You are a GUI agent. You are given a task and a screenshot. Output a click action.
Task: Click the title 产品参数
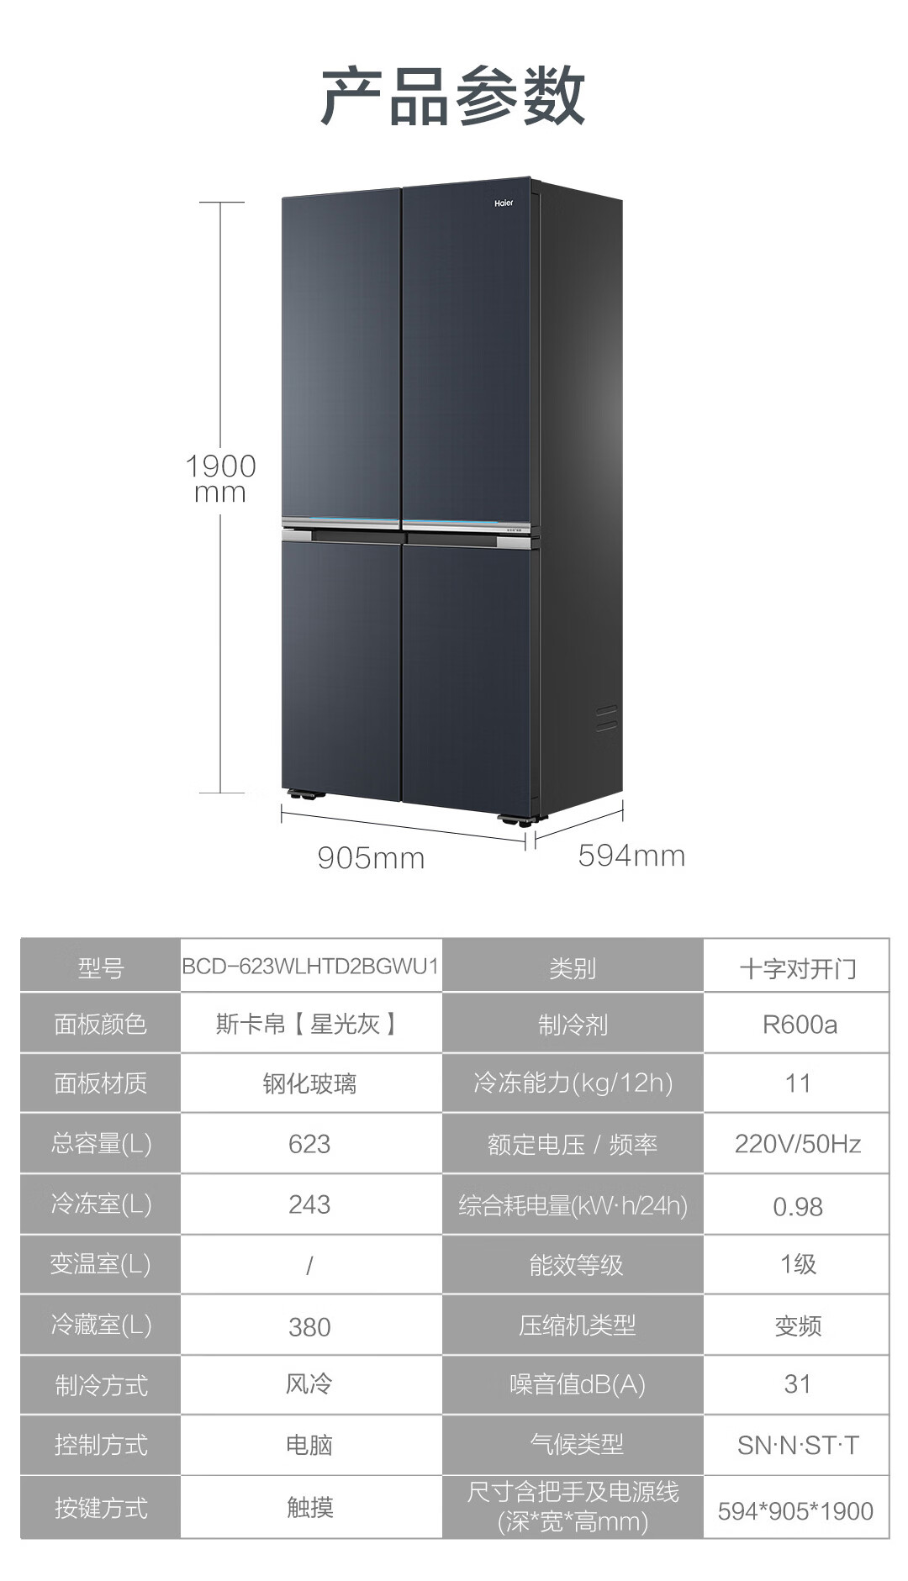(453, 97)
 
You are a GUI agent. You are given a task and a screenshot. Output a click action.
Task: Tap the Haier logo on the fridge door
(503, 203)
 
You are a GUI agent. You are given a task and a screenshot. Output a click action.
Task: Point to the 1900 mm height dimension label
(220, 478)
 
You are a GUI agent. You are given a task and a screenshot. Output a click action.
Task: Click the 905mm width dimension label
(371, 858)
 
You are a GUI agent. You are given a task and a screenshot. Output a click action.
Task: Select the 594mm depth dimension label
(631, 856)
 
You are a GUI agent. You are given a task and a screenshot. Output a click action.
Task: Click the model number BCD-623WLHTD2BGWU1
(310, 966)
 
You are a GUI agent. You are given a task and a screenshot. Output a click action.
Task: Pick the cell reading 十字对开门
(797, 968)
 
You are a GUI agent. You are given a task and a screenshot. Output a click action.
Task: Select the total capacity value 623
(309, 1144)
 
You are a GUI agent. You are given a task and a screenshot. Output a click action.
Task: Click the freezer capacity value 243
(309, 1204)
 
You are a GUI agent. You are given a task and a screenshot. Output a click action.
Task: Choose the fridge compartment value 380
(309, 1326)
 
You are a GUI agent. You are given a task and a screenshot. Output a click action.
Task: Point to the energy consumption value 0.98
(797, 1207)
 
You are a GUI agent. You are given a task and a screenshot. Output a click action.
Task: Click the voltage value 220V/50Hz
(797, 1144)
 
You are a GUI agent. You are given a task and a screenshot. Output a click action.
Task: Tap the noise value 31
(797, 1384)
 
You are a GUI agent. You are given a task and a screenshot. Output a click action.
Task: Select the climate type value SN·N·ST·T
(797, 1446)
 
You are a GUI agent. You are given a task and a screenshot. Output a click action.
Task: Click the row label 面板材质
(100, 1083)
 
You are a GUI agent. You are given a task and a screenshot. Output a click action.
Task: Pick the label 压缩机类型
(576, 1325)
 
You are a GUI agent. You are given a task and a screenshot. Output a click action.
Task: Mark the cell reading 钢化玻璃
(309, 1083)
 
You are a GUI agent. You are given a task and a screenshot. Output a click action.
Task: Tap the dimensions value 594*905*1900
(795, 1510)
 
